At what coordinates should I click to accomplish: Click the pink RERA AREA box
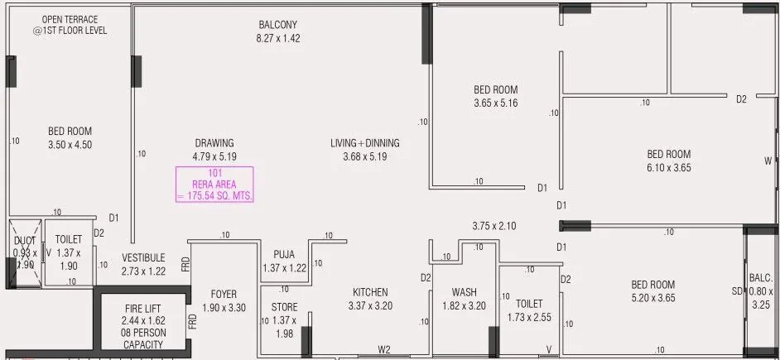[x=214, y=185]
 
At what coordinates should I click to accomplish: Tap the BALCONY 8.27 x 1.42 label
[x=277, y=31]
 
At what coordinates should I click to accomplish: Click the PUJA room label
[x=284, y=261]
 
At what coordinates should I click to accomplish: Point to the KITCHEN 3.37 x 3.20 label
[x=369, y=299]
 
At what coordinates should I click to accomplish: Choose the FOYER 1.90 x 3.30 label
[x=224, y=300]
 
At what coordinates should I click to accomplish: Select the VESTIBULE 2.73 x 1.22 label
[x=143, y=264]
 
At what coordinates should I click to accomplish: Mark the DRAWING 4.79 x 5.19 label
[x=214, y=149]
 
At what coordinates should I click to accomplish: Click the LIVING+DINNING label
[x=364, y=149]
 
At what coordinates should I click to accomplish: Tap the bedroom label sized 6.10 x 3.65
[x=668, y=161]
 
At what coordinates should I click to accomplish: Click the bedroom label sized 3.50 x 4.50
[x=70, y=137]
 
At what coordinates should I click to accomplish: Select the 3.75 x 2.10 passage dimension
[x=494, y=225]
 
